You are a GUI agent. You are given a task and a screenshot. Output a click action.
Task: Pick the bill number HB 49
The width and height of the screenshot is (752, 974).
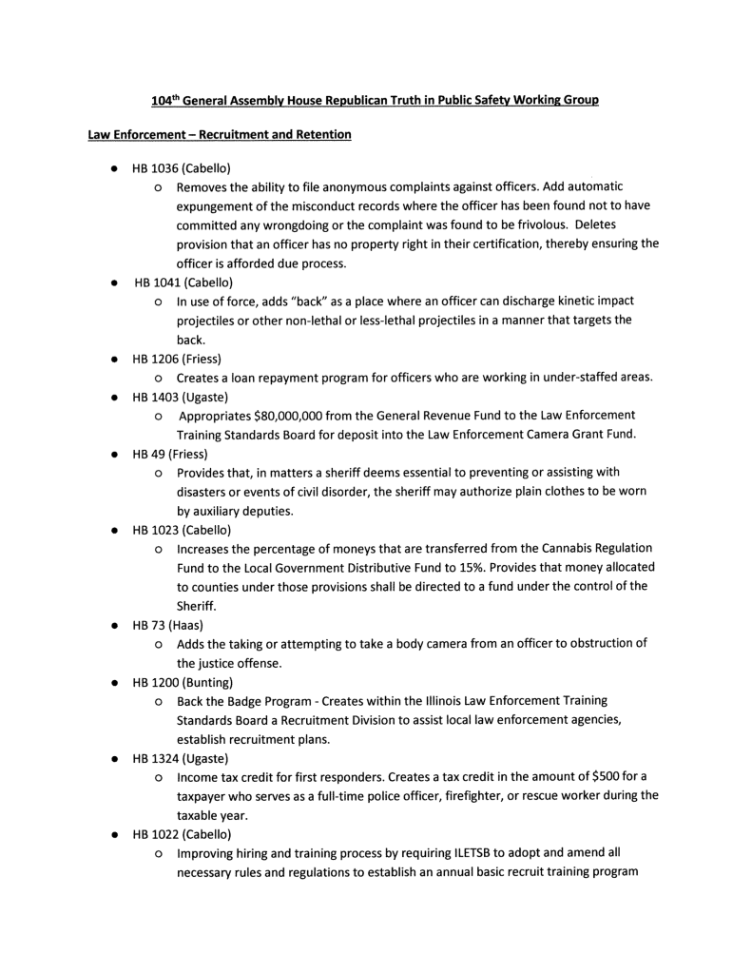tap(148, 454)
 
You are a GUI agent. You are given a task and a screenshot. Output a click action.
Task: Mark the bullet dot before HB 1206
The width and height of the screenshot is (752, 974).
tap(113, 360)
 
